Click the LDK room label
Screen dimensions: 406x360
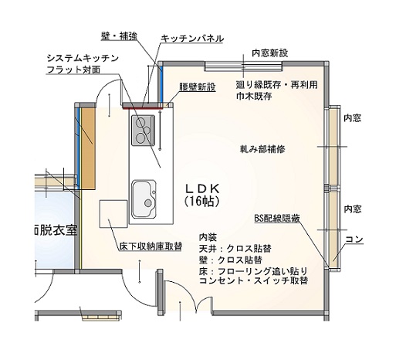202,188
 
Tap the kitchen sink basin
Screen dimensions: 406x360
144,199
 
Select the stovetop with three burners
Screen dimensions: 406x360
144,131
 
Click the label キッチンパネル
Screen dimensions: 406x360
192,39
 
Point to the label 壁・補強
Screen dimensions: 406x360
119,36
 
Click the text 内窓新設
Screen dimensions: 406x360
270,53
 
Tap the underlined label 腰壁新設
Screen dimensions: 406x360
198,87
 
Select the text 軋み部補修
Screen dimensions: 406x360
262,149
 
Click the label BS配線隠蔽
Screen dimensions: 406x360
277,219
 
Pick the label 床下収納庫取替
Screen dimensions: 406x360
151,246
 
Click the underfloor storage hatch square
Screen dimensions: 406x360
113,214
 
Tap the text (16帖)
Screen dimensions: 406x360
202,202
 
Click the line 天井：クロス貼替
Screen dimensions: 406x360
235,249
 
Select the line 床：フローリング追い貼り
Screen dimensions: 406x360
253,271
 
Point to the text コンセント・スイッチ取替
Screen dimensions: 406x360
253,280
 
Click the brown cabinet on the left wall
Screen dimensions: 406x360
89,148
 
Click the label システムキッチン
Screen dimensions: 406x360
83,58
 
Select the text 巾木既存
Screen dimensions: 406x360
254,97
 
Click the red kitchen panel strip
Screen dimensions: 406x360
141,108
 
